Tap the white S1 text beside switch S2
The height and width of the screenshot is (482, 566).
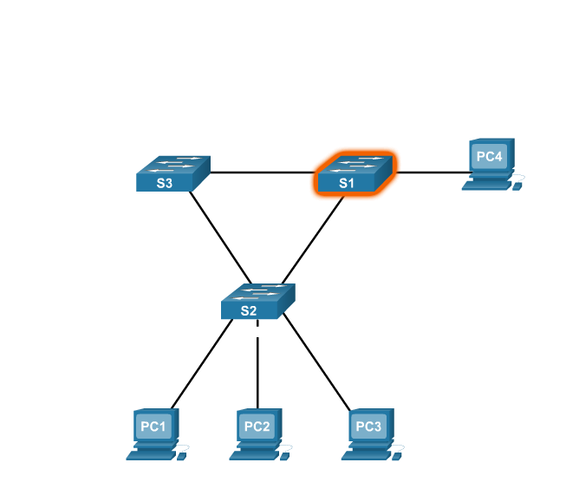pos(228,283)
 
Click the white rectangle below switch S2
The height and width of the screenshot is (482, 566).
pos(257,331)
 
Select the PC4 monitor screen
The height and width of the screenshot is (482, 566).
pos(489,157)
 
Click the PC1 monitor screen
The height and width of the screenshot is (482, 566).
pos(153,427)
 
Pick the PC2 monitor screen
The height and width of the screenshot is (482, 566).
pos(257,427)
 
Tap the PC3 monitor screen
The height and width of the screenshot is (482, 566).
pos(368,427)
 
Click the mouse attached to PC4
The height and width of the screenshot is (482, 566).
pos(518,185)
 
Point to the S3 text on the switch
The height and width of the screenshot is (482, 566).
pos(164,183)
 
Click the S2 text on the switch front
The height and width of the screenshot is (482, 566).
pos(249,311)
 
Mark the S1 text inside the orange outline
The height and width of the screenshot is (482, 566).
pos(347,183)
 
